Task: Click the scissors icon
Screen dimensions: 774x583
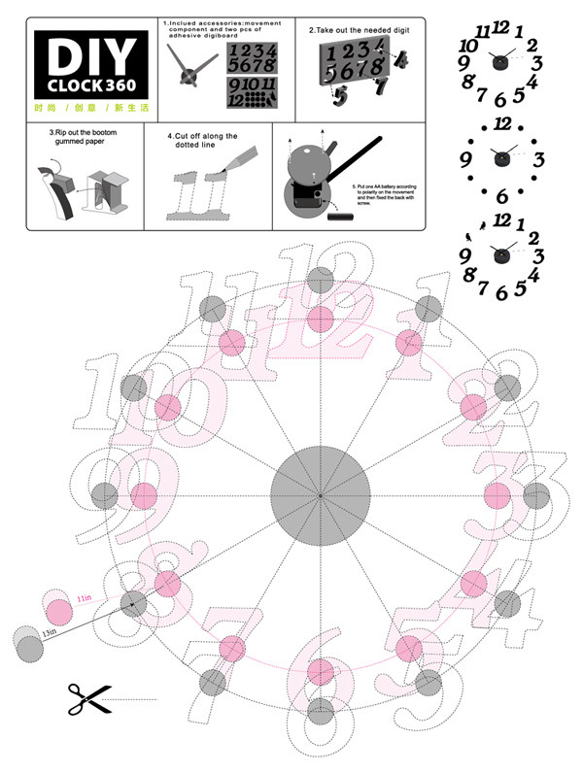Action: click(x=85, y=697)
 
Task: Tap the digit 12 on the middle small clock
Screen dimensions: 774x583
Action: click(x=502, y=123)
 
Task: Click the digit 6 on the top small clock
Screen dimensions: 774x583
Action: click(x=500, y=99)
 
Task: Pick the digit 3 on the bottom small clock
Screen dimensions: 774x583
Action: click(x=537, y=256)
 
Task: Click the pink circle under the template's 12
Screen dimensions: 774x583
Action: click(x=320, y=318)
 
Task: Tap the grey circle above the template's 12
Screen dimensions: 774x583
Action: click(x=320, y=281)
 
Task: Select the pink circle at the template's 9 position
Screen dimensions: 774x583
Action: click(x=144, y=495)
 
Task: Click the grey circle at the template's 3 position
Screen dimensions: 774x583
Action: click(x=535, y=495)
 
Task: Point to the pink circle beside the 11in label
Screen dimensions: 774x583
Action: click(x=59, y=612)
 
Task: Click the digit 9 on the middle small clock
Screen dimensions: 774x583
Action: click(x=465, y=159)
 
